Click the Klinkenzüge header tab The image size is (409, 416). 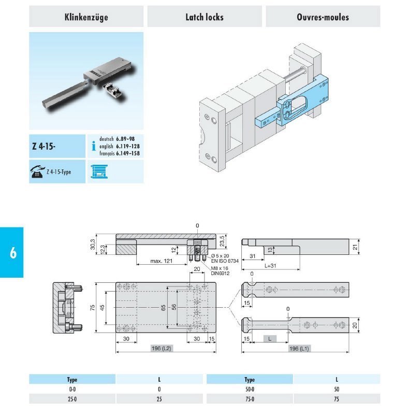pyautogui.click(x=86, y=17)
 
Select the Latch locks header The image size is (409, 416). pyautogui.click(x=204, y=17)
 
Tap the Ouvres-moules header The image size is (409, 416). pyautogui.click(x=323, y=17)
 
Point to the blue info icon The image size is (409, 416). pyautogui.click(x=93, y=147)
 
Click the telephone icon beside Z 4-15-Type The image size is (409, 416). pyautogui.click(x=37, y=173)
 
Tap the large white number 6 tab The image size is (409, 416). pyautogui.click(x=12, y=253)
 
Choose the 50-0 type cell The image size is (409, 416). pyautogui.click(x=250, y=389)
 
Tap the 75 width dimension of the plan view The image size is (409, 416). pyautogui.click(x=92, y=309)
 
